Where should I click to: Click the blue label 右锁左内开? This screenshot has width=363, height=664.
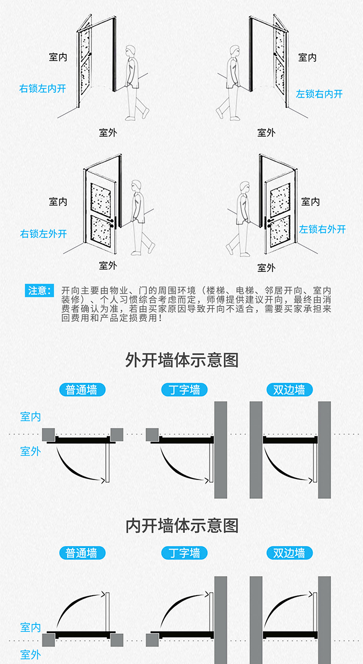(x=43, y=88)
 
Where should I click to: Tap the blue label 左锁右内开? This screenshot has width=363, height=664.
(x=319, y=94)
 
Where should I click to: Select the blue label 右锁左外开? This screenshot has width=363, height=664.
(x=43, y=234)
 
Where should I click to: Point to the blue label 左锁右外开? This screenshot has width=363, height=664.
(x=322, y=229)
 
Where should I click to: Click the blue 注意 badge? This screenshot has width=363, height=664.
(x=39, y=290)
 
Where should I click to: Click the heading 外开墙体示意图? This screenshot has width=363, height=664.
(x=182, y=360)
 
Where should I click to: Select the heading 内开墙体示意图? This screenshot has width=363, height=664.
(x=182, y=525)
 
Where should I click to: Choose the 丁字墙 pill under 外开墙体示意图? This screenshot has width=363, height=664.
(x=184, y=390)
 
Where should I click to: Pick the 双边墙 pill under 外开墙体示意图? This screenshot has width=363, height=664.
(x=289, y=390)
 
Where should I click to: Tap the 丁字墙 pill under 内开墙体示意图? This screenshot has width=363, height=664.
(x=184, y=552)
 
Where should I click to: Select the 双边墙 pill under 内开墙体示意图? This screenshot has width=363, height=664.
(x=289, y=552)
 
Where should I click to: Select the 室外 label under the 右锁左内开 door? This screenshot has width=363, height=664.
(x=108, y=133)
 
